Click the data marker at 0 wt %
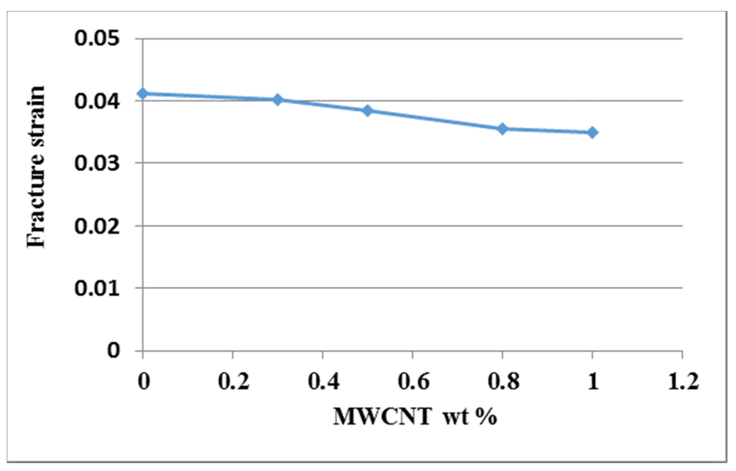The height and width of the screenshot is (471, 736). point(143,93)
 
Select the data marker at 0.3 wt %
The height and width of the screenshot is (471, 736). point(277,100)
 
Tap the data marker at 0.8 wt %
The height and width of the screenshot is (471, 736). point(502,129)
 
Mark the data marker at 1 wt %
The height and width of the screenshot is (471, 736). point(592,132)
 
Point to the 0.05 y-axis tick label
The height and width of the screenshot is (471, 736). point(97,39)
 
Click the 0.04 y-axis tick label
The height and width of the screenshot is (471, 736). point(97,101)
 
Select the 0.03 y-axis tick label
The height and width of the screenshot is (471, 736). point(97,164)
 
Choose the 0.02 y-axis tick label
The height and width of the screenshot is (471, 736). point(97,227)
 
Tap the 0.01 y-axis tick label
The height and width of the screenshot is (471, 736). point(97,288)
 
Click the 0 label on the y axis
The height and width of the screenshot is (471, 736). point(114,350)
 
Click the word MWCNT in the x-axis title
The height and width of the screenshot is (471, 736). point(383,417)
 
